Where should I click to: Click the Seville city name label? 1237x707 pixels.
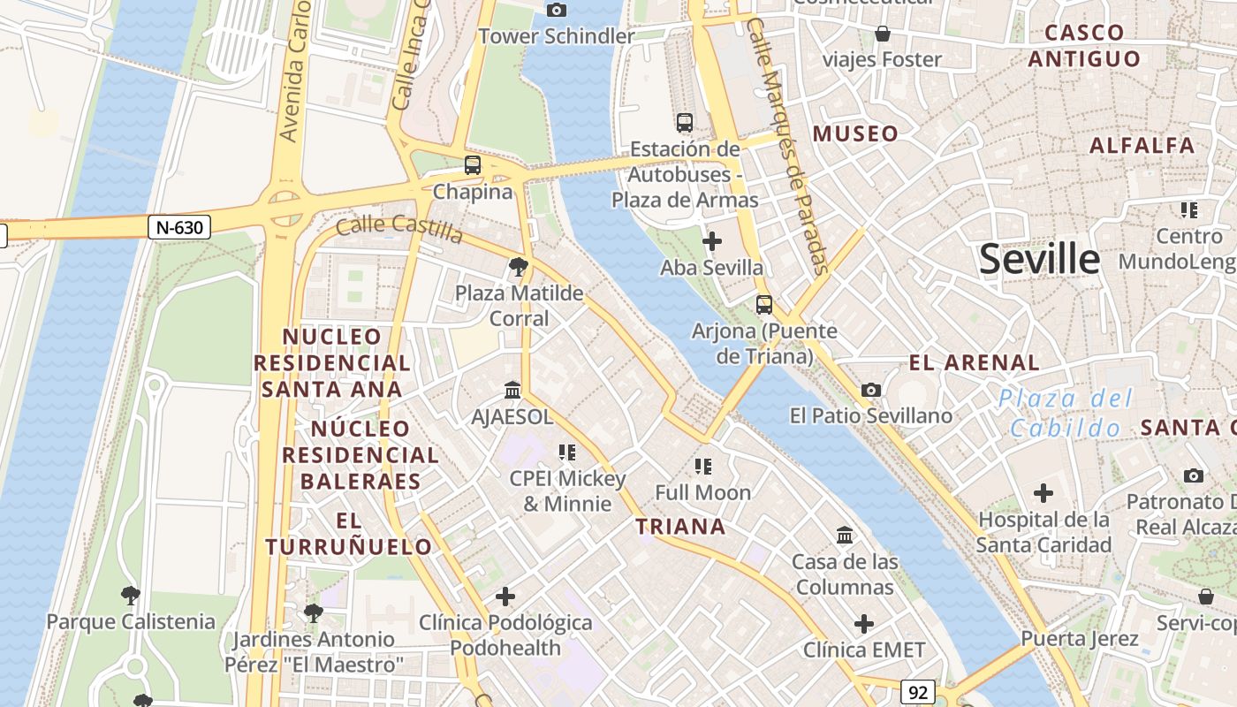(1040, 260)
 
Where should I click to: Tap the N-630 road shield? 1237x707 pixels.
(179, 227)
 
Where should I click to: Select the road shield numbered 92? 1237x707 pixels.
(918, 692)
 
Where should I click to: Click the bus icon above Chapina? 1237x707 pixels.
(473, 164)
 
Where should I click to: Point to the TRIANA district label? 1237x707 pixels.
(680, 527)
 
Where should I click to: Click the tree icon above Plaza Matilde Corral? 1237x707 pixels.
(519, 266)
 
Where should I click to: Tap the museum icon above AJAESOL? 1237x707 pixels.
(512, 390)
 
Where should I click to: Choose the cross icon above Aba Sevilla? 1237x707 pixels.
(711, 240)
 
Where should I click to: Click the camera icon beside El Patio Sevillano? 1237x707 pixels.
(871, 390)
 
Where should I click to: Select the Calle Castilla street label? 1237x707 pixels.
(399, 228)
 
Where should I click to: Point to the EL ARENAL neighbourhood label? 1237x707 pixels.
(974, 362)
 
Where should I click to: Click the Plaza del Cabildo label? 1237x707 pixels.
(1065, 413)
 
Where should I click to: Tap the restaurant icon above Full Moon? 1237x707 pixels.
(703, 466)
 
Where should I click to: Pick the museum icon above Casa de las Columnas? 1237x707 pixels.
(845, 535)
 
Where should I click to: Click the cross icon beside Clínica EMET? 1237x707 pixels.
(864, 624)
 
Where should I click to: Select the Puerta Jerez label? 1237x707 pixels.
(1080, 638)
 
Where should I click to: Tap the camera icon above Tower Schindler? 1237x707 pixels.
(557, 11)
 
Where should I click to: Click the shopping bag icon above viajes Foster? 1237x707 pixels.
(882, 34)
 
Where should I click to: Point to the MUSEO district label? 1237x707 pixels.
(855, 134)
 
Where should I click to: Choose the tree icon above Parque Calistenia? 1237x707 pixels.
(131, 595)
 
